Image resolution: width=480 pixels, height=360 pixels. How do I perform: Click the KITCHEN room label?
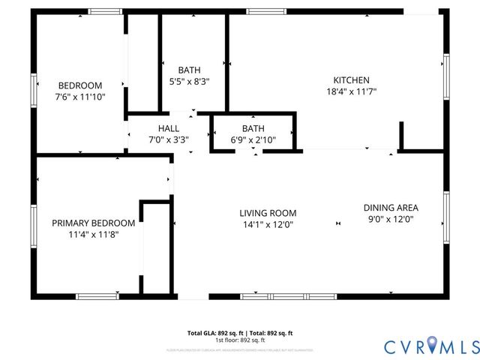pyautogui.click(x=351, y=80)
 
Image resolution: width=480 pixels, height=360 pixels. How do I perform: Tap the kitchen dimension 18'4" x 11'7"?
pyautogui.click(x=351, y=91)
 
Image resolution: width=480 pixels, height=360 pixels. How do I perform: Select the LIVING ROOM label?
pyautogui.click(x=268, y=213)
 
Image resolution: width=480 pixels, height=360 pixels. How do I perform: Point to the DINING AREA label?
pyautogui.click(x=391, y=208)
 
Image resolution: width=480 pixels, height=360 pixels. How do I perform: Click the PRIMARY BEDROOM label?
pyautogui.click(x=93, y=223)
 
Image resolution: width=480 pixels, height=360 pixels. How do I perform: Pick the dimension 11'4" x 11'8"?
pyautogui.click(x=93, y=234)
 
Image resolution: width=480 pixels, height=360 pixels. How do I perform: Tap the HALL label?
pyautogui.click(x=168, y=128)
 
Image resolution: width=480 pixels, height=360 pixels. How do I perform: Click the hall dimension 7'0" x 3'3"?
pyautogui.click(x=168, y=139)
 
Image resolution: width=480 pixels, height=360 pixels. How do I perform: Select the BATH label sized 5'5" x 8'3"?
pyautogui.click(x=189, y=70)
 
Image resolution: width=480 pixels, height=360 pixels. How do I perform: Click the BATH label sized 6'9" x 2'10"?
pyautogui.click(x=253, y=128)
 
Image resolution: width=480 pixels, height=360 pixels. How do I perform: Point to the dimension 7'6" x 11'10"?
pyautogui.click(x=80, y=97)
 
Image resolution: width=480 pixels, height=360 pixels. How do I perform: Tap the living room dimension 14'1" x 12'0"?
pyautogui.click(x=268, y=224)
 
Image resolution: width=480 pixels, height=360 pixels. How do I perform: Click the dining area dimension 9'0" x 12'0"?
pyautogui.click(x=391, y=219)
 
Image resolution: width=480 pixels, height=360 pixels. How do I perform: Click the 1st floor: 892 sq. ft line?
pyautogui.click(x=239, y=340)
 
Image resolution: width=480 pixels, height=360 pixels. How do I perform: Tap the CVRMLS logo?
pyautogui.click(x=430, y=346)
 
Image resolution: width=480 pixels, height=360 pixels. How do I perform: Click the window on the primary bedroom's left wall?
pyautogui.click(x=34, y=224)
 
